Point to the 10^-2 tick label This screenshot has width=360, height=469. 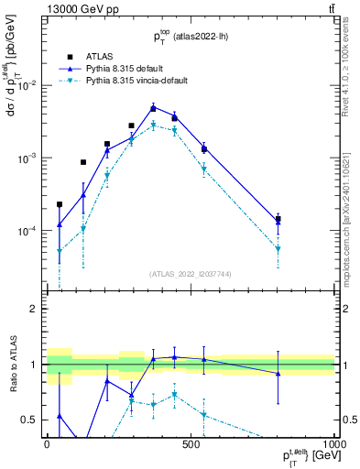click(28, 85)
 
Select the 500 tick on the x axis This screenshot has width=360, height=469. click(191, 444)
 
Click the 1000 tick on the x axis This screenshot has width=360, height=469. click(333, 444)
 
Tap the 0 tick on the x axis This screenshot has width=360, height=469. click(47, 444)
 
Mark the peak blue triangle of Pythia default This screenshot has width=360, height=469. click(153, 106)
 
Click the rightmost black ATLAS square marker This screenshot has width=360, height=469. click(278, 220)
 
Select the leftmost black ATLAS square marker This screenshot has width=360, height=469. click(60, 204)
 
